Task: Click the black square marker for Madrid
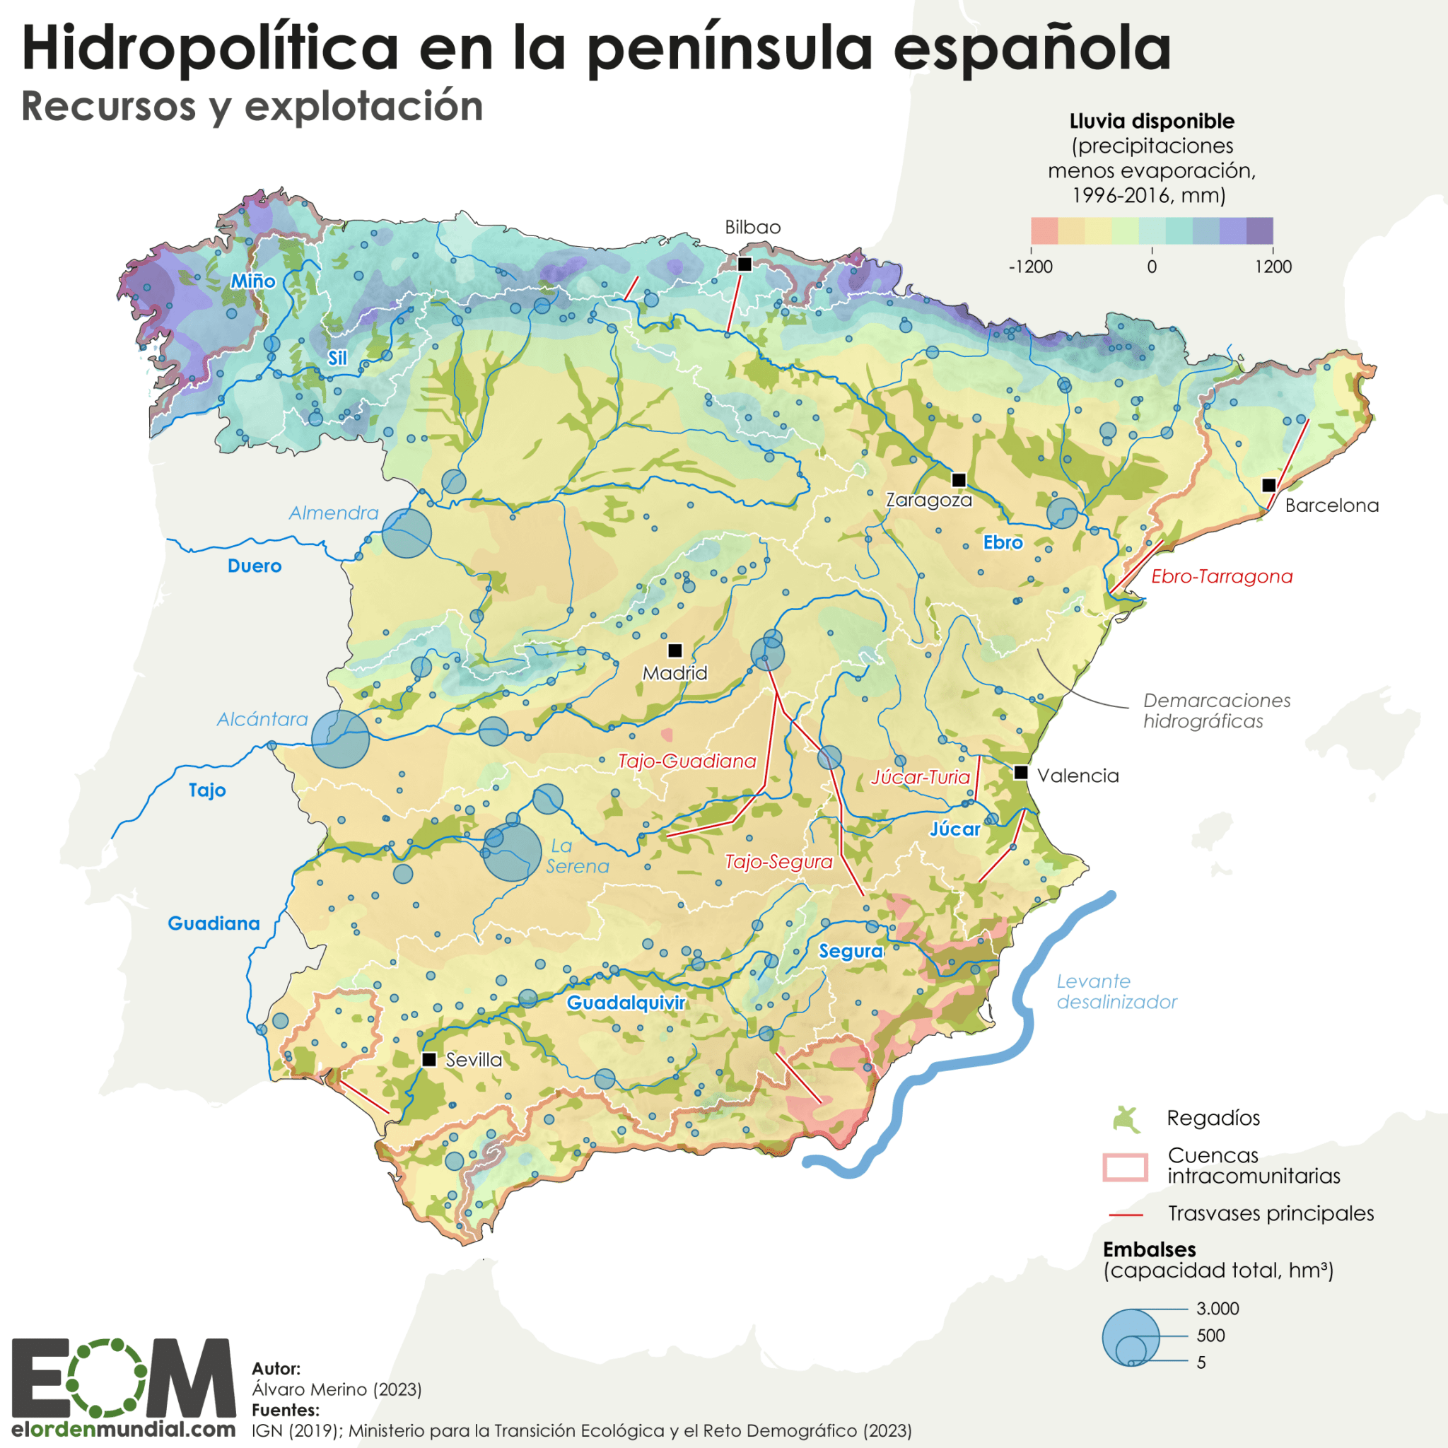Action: click(x=675, y=650)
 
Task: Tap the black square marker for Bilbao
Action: click(x=745, y=264)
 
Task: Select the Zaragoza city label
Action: click(x=928, y=500)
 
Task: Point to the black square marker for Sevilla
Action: click(x=429, y=1059)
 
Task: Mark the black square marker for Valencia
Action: click(x=1021, y=772)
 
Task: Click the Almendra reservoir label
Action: click(x=334, y=513)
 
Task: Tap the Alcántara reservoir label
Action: click(x=262, y=720)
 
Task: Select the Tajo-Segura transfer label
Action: click(x=778, y=862)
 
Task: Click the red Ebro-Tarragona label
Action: click(x=1222, y=576)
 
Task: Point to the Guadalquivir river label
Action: click(x=626, y=1003)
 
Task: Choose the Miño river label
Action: click(x=252, y=281)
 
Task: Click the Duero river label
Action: click(x=255, y=566)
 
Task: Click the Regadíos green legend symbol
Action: click(x=1126, y=1119)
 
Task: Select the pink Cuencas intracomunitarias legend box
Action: click(x=1125, y=1167)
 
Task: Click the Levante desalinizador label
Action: click(x=1116, y=991)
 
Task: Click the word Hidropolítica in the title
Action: click(x=210, y=49)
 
